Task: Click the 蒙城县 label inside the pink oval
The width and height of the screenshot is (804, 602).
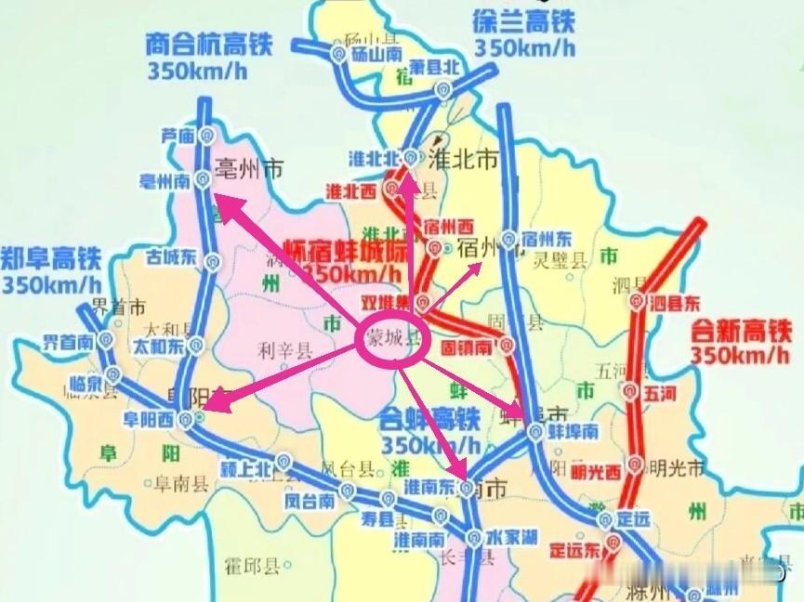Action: pyautogui.click(x=391, y=339)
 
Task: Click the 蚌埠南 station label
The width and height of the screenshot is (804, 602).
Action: pyautogui.click(x=573, y=433)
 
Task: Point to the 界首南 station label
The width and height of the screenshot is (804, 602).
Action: pyautogui.click(x=68, y=341)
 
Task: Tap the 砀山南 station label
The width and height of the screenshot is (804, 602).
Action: pyautogui.click(x=375, y=56)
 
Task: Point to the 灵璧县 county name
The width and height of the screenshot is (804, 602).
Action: pyautogui.click(x=565, y=263)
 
